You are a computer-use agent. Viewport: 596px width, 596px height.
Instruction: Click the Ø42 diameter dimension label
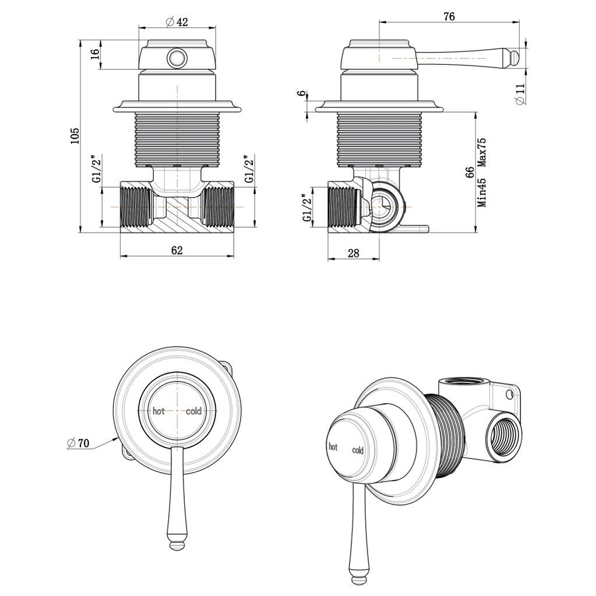click(177, 22)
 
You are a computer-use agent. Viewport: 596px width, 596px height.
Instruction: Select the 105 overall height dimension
click(75, 136)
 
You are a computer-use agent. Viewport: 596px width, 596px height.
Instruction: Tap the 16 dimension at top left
click(95, 55)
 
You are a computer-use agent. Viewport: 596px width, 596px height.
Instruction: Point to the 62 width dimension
click(177, 250)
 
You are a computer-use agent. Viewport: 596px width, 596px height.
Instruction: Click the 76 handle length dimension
click(449, 16)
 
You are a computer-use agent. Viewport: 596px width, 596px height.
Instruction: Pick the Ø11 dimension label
click(520, 93)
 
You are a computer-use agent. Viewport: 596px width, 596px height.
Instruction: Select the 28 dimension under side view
click(352, 253)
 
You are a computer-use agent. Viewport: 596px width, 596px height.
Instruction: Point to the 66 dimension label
click(470, 174)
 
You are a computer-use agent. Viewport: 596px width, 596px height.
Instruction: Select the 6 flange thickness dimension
click(301, 94)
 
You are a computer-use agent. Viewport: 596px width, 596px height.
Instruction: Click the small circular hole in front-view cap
click(177, 58)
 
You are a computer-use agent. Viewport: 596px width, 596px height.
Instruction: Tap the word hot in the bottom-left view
click(158, 411)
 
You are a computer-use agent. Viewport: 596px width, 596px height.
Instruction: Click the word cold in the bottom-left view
click(193, 411)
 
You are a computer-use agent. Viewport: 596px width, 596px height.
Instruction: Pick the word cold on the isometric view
click(358, 450)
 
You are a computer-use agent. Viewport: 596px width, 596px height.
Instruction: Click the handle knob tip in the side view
click(515, 57)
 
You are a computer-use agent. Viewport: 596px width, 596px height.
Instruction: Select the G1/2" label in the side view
click(306, 209)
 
